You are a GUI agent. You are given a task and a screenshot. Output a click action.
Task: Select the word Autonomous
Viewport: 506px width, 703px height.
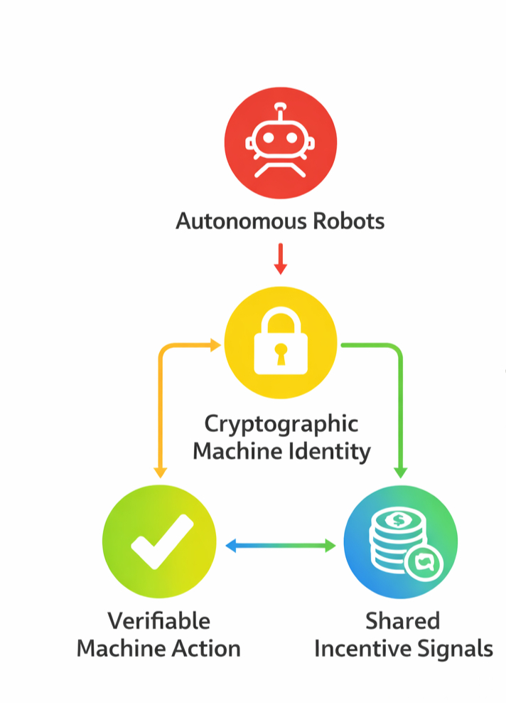point(231,221)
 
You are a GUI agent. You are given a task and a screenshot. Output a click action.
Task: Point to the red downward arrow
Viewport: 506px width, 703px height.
point(280,259)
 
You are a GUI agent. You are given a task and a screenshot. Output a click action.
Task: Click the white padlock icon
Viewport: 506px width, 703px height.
point(280,342)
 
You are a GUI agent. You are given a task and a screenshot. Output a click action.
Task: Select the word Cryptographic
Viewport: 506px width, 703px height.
point(281,424)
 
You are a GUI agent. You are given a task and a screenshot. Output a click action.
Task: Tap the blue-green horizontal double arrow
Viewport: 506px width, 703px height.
point(280,546)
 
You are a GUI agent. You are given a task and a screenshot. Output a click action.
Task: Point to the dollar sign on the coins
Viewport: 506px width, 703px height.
point(399,520)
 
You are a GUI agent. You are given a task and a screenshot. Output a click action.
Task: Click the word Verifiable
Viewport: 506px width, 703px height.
point(159,621)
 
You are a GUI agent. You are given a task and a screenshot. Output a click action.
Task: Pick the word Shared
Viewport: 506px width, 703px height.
point(403,621)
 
